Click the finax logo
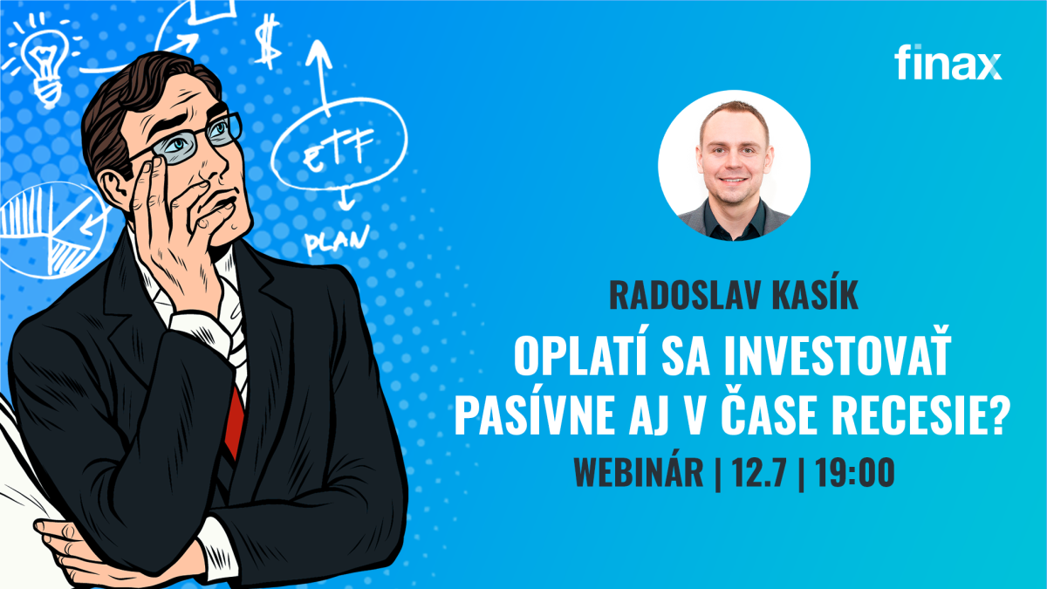pos(948,63)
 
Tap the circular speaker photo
pos(734,166)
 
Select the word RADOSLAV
pos(683,295)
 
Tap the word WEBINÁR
pos(639,472)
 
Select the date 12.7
pos(758,473)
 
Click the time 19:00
pos(855,473)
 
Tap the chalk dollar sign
pos(268,41)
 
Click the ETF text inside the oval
pos(339,148)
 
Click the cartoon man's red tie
pos(234,422)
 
